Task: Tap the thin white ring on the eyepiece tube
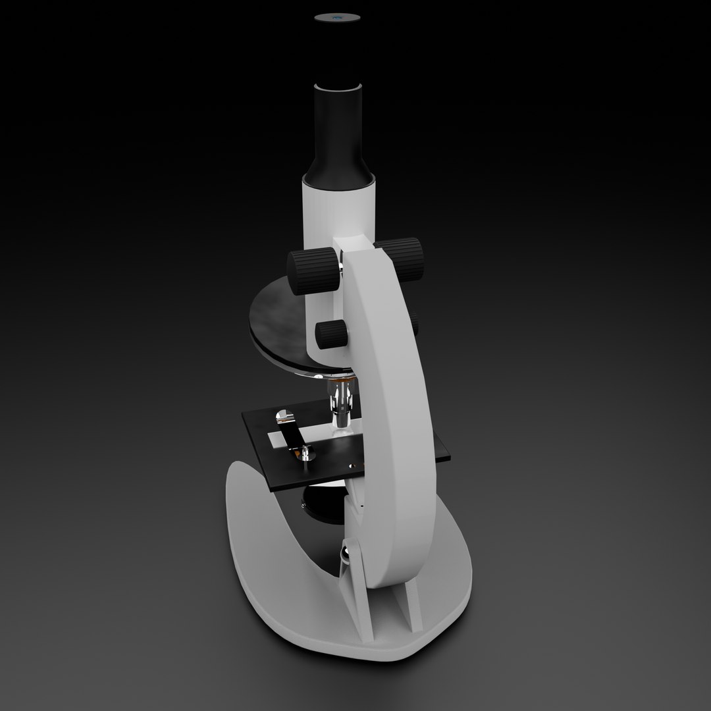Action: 338,86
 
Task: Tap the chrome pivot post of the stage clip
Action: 305,454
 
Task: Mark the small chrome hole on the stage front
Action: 354,467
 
